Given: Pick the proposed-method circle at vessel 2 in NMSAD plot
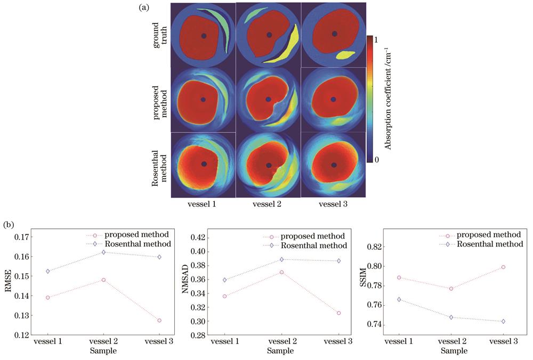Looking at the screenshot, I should [x=281, y=272].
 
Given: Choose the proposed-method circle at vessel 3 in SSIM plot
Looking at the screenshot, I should [x=503, y=267].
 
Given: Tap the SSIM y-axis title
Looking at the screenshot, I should [x=362, y=282].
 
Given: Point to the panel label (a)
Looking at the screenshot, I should [x=142, y=7].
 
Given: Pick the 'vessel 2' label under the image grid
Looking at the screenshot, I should [x=269, y=203].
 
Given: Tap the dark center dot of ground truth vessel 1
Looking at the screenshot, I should [x=203, y=36].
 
